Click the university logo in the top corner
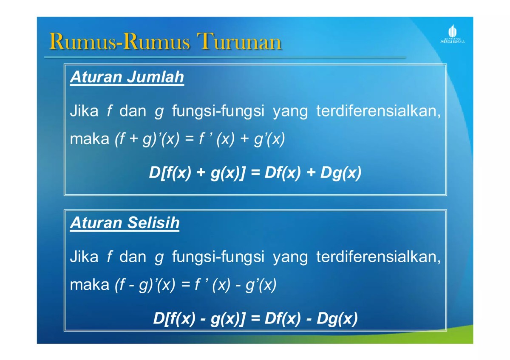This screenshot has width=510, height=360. point(452,34)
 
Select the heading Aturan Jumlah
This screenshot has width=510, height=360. point(127,77)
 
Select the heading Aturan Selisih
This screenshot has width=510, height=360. point(125,223)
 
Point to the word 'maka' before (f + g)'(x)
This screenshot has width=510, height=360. point(89,140)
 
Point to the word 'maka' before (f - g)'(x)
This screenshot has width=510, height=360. point(89,285)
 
